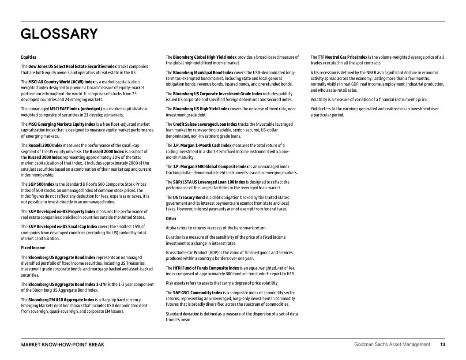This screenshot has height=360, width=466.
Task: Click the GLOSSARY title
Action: [59, 34]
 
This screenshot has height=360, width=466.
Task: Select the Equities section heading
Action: [29, 57]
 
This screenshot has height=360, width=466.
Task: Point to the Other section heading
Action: [171, 218]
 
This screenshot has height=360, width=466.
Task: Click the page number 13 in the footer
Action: [442, 345]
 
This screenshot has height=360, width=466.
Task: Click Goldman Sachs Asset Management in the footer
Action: [392, 345]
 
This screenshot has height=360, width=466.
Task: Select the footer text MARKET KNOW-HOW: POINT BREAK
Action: [63, 345]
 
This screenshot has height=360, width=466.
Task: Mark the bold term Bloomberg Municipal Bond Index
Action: [203, 72]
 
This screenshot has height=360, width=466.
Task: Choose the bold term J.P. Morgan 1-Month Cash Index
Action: [202, 145]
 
